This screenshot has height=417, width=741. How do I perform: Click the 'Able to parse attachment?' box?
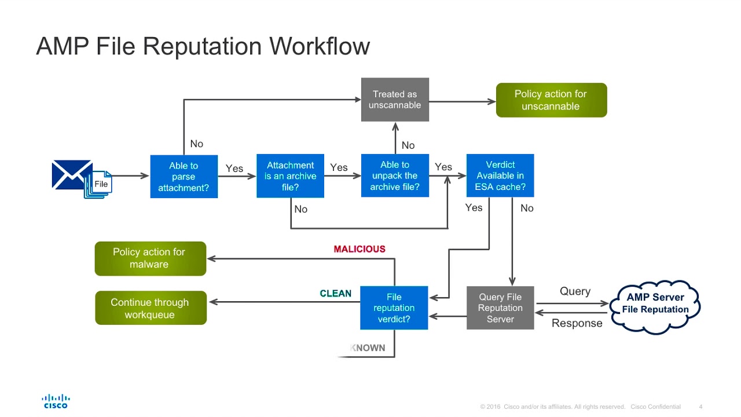coord(184,177)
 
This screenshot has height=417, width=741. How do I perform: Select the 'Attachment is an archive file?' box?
coord(290,176)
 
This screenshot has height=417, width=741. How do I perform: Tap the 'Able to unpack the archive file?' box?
coord(395,175)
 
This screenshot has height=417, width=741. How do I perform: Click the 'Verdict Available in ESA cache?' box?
coord(500,175)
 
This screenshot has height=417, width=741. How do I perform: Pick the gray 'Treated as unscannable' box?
coord(395,100)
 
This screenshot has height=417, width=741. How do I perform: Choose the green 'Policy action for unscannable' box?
coord(551,100)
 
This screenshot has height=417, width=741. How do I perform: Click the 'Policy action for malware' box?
coord(150,258)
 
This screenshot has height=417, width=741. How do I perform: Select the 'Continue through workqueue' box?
coord(151,308)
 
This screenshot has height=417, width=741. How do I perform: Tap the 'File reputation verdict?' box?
coord(394,308)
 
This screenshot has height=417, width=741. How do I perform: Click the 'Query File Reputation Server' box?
coord(500,308)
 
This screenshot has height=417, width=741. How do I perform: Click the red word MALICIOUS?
coord(360,249)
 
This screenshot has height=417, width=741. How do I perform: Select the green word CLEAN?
coord(336,294)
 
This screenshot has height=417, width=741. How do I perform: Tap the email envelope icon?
coord(71,174)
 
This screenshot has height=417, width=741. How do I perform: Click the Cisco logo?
coord(56,401)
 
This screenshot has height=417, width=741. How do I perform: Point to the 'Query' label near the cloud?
coord(575,291)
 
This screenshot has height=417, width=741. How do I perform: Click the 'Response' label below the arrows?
coord(577,323)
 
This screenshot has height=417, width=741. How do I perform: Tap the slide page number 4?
coord(701,407)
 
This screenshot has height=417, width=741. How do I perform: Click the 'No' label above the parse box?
coord(197,144)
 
